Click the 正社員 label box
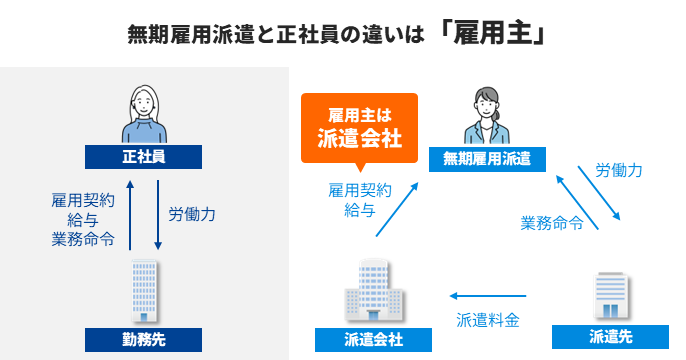[x=143, y=156]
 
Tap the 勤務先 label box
[x=143, y=337]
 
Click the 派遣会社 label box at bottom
[x=373, y=339]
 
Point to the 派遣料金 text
[x=488, y=320]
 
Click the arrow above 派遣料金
[x=488, y=296]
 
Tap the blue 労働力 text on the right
[x=617, y=170]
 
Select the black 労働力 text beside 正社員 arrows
[x=192, y=214]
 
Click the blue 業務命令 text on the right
[x=552, y=222]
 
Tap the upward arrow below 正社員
[x=129, y=213]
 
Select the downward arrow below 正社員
[x=157, y=213]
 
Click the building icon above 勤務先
[x=143, y=290]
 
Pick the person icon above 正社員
[x=143, y=112]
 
